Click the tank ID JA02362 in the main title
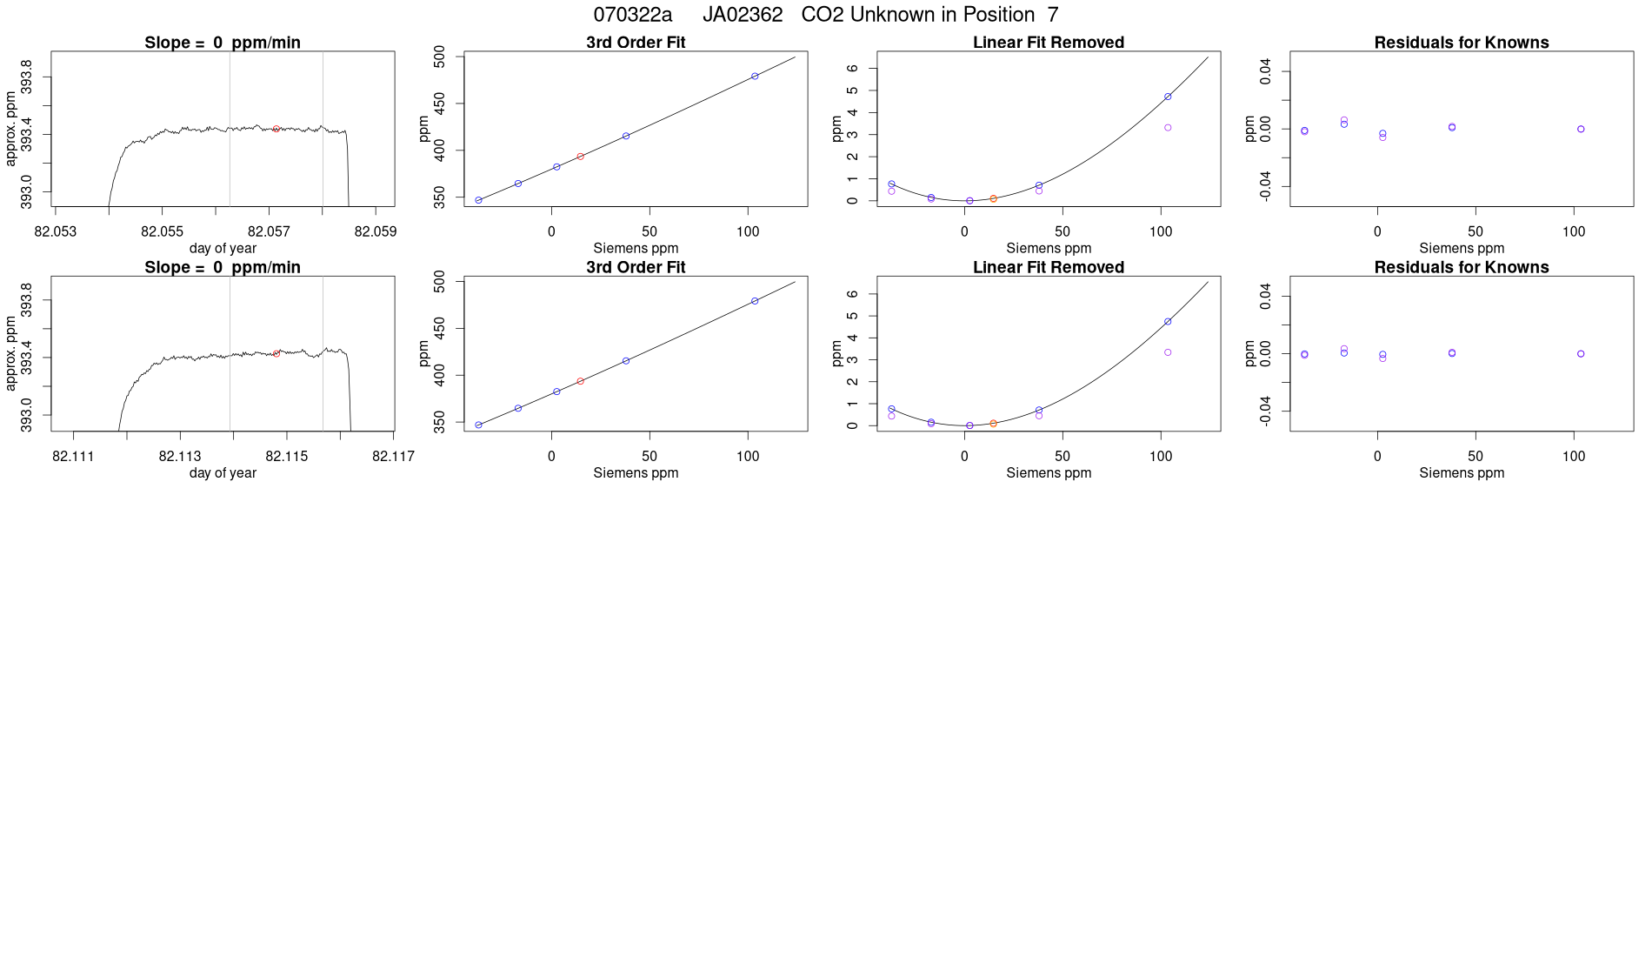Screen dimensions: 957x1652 743,15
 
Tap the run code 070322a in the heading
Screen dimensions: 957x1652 632,15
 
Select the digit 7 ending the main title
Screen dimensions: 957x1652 1053,15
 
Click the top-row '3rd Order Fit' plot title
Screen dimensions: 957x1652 636,43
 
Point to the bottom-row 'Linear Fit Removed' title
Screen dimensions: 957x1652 1048,267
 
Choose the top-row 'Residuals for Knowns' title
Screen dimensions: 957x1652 1461,43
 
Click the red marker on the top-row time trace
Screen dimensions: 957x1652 276,129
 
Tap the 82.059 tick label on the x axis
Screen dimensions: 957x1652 376,231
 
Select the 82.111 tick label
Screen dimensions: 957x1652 73,456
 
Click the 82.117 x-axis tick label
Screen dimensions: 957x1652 393,456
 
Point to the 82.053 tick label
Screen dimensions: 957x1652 56,231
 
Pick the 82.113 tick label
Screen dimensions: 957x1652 180,456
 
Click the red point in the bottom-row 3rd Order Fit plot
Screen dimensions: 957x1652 580,381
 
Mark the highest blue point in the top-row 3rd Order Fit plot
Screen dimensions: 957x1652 755,77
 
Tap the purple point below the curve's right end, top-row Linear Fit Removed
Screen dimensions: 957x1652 1168,128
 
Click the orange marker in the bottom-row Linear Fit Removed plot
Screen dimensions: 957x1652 993,424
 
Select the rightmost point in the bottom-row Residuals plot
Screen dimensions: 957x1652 1581,354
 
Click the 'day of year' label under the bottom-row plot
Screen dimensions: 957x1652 223,472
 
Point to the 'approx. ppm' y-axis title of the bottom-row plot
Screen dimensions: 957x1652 11,353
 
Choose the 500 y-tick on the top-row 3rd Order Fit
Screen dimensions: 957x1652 439,57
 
